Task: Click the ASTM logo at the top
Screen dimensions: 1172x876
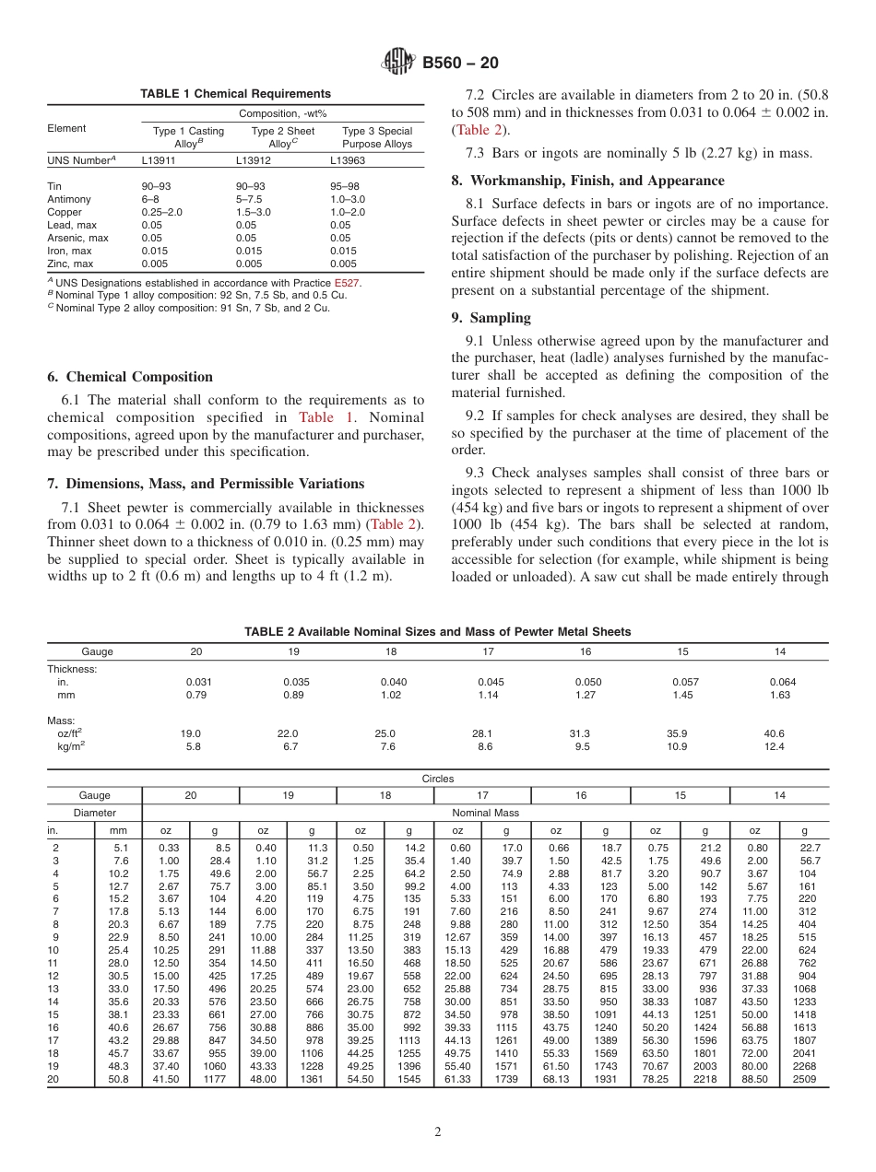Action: (398, 63)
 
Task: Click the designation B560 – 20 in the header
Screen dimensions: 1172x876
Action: (460, 64)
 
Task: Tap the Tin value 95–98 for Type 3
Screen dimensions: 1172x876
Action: (346, 186)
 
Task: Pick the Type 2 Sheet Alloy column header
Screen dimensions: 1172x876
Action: (283, 137)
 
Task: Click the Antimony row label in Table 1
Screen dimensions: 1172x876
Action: (69, 199)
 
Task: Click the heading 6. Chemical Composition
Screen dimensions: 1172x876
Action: (129, 377)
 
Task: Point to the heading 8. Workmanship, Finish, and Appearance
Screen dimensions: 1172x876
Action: (587, 181)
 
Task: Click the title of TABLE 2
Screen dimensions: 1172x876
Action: (437, 631)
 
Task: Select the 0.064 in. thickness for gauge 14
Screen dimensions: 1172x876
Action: (781, 682)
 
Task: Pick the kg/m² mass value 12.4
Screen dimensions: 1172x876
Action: (780, 747)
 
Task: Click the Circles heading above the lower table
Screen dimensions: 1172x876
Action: (438, 779)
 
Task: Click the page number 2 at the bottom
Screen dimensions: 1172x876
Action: (437, 1132)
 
